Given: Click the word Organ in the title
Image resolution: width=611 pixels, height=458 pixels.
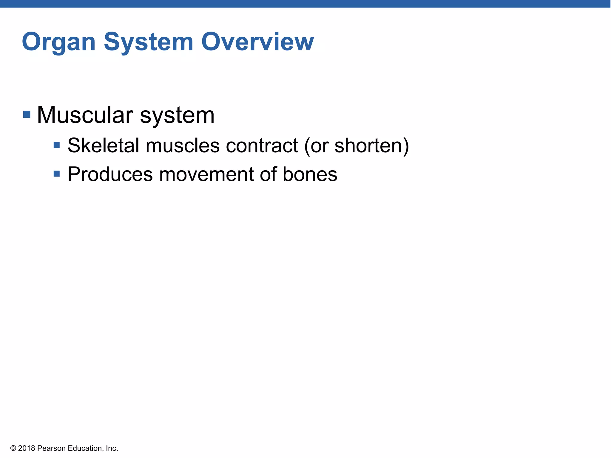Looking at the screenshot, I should point(58,42).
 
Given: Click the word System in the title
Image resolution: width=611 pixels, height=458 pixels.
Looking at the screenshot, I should point(148,42).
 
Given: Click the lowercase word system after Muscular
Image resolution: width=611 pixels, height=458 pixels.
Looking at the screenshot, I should point(177,116).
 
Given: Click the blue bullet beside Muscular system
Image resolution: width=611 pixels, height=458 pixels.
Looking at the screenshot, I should point(27,114).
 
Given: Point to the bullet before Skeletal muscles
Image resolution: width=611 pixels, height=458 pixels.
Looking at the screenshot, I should point(57,145).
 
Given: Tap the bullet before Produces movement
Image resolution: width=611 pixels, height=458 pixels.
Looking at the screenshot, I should point(57,174).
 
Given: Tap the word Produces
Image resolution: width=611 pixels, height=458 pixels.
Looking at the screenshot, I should point(110,174).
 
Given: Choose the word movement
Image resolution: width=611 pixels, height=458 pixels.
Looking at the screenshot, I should point(206,174).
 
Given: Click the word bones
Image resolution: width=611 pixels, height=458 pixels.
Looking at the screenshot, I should point(310,174).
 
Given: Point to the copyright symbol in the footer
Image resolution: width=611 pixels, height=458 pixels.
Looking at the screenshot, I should point(13,448).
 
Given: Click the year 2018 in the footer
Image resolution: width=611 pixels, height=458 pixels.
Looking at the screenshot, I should point(27,448).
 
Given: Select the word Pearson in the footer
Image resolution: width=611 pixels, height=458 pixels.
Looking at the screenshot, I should point(51,448).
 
